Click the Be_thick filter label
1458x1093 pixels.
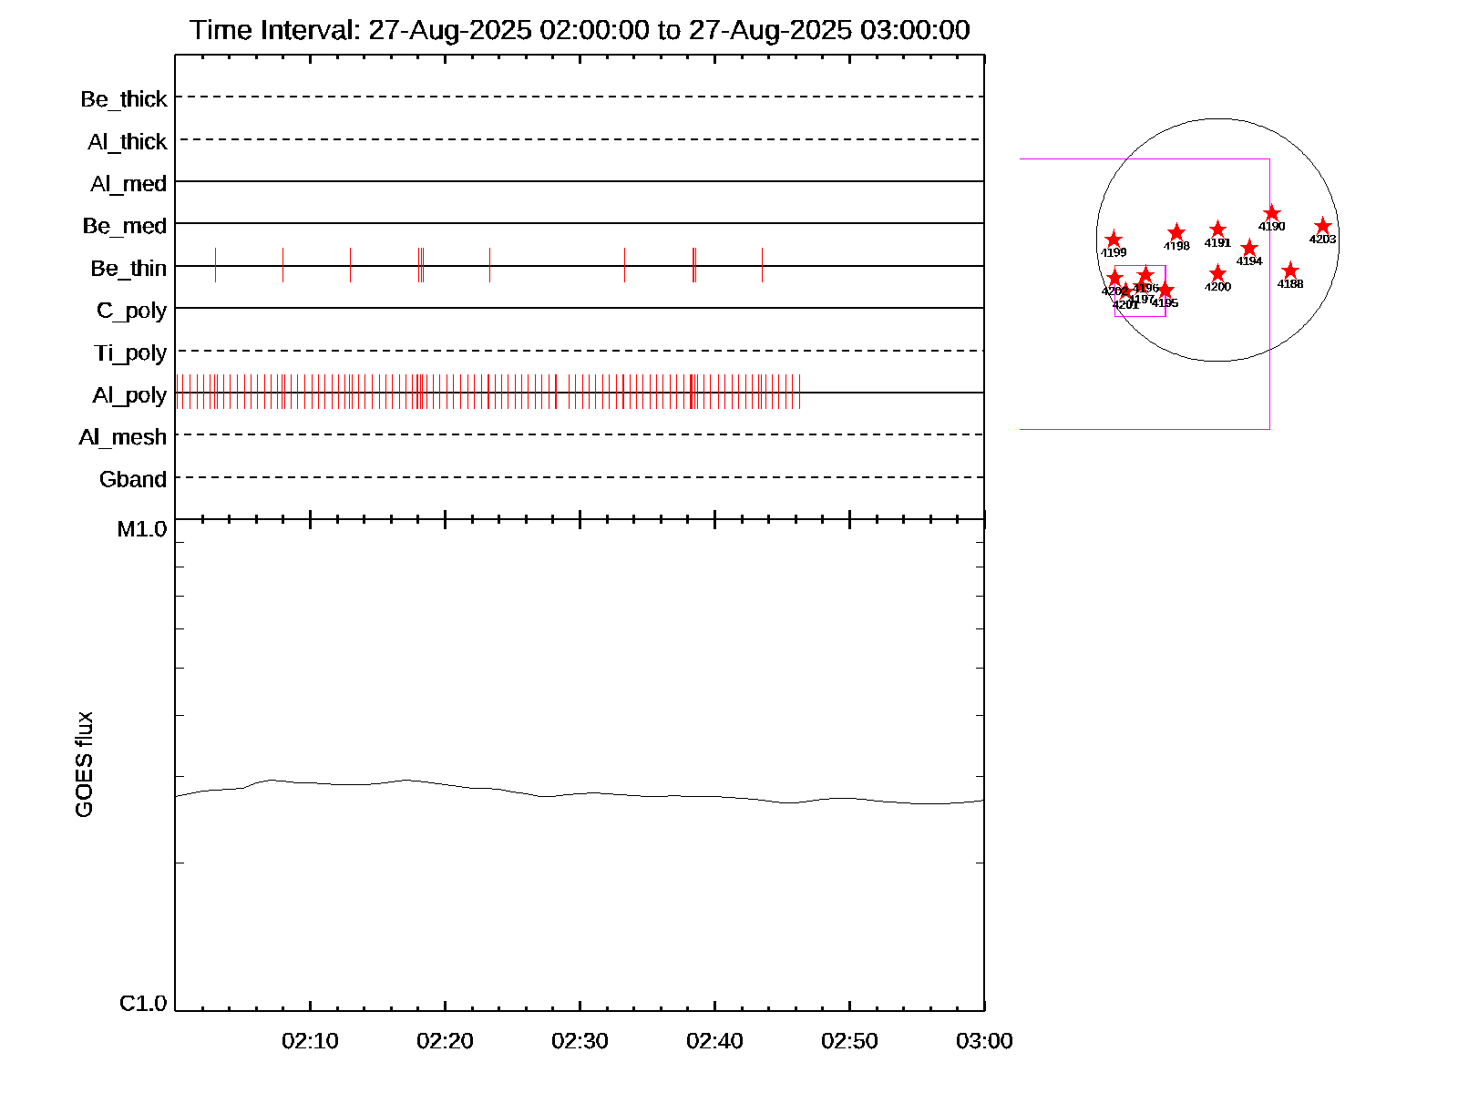pyautogui.click(x=124, y=98)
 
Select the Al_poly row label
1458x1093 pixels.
pyautogui.click(x=129, y=394)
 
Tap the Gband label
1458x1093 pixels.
pyautogui.click(x=133, y=479)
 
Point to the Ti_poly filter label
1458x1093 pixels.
pyautogui.click(x=130, y=352)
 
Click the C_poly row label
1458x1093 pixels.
pyautogui.click(x=131, y=311)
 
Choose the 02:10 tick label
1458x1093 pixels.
pyautogui.click(x=310, y=1040)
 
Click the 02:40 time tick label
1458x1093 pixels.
pyautogui.click(x=714, y=1040)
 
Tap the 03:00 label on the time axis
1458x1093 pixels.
pyautogui.click(x=984, y=1040)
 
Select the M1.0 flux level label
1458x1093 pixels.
pyautogui.click(x=142, y=528)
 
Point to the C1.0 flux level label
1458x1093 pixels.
pyautogui.click(x=143, y=1003)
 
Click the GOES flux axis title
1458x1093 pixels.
pyautogui.click(x=84, y=765)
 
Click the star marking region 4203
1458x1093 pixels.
pyautogui.click(x=1323, y=226)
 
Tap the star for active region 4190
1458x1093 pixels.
pyautogui.click(x=1272, y=213)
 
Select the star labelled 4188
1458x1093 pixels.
pyautogui.click(x=1290, y=271)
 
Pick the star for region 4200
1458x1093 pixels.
pyautogui.click(x=1218, y=273)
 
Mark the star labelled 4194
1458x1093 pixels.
pyautogui.click(x=1249, y=248)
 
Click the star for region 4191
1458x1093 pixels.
pyautogui.click(x=1218, y=230)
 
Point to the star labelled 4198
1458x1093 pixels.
pyautogui.click(x=1176, y=232)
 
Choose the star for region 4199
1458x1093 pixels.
pyautogui.click(x=1114, y=240)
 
